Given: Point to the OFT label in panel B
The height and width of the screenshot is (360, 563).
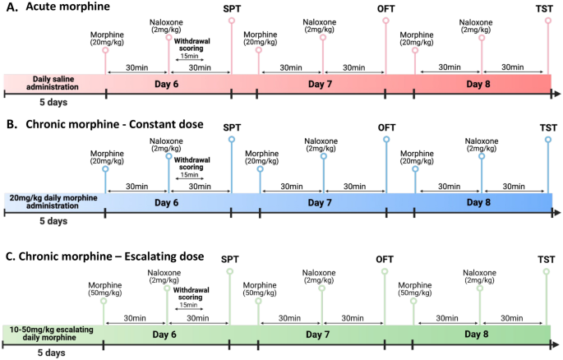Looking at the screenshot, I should tap(386, 127).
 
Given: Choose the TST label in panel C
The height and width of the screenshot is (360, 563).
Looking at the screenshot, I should tap(547, 260).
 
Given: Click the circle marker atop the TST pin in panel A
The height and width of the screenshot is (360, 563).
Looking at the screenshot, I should tap(548, 21).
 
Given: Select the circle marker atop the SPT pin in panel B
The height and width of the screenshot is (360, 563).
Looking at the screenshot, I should tap(231, 140).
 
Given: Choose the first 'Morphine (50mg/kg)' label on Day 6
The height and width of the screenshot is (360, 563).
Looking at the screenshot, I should tap(105, 288).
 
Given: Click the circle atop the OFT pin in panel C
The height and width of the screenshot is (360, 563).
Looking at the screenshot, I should tap(384, 272).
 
